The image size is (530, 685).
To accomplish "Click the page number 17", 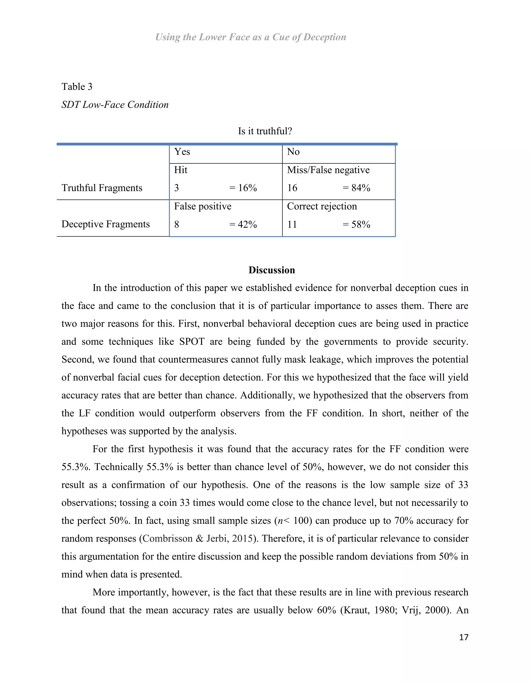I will coord(463,637).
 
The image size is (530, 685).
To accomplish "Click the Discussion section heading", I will coord(271,270).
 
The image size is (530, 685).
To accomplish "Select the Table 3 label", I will coord(77,87).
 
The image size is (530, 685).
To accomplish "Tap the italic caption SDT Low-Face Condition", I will coord(115,104).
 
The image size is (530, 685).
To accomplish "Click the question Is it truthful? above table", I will coord(265,131).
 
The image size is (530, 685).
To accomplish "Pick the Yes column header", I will coord(182,152).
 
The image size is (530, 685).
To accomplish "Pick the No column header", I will coord(293,152).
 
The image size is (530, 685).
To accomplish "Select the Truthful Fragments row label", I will coord(102,188).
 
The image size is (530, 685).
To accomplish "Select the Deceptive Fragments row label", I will coord(106,224).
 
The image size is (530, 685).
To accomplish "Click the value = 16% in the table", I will coord(243,188).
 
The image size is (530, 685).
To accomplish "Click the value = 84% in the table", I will coord(356,188).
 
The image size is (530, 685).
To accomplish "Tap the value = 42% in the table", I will coord(243,225).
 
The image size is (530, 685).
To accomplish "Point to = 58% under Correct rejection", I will coord(356,225).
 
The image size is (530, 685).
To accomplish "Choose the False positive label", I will coord(203,206).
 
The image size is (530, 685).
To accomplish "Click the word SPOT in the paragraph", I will coord(192,341).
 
